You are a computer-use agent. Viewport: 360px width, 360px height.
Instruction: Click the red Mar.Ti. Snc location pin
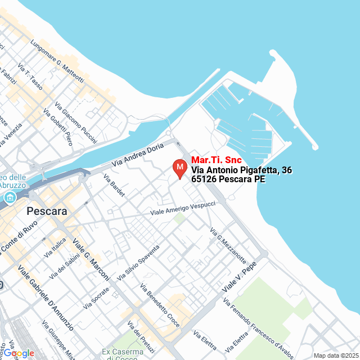179,168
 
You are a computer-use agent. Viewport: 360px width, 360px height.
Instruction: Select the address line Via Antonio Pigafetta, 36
241,170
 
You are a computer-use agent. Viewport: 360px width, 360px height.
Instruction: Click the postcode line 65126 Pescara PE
228,179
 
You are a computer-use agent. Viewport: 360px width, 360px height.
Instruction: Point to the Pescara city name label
47,212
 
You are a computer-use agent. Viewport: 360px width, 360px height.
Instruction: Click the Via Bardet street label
114,185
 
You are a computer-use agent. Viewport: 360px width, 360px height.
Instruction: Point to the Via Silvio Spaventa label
138,263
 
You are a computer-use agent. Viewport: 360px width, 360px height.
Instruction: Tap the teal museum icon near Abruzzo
10,197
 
